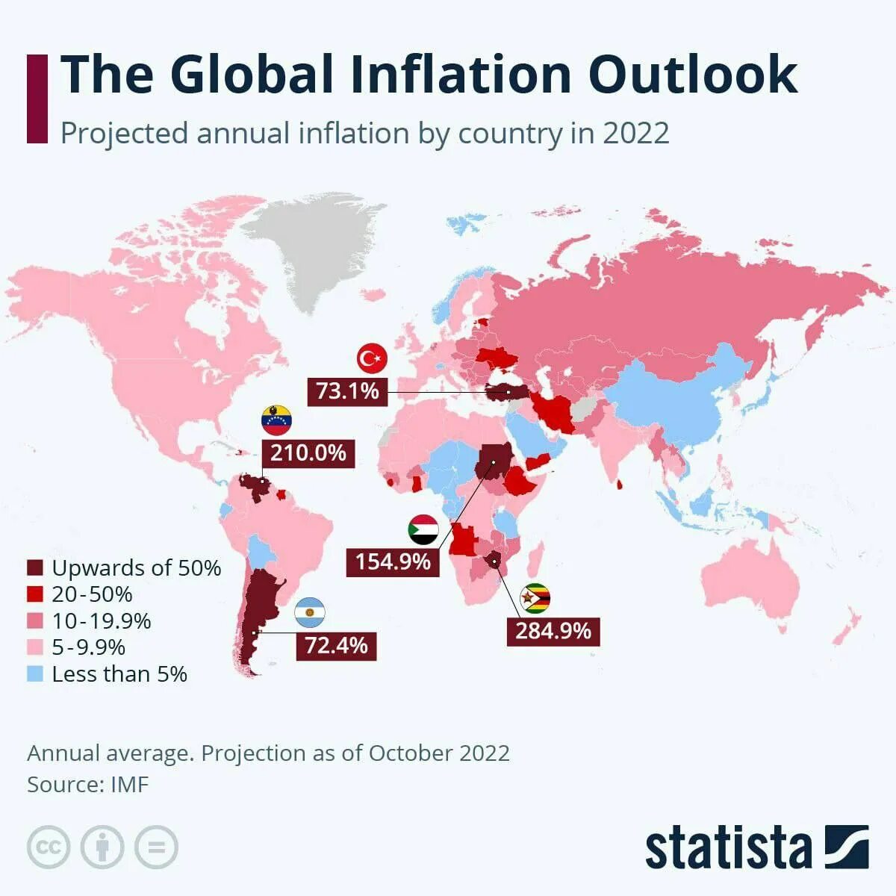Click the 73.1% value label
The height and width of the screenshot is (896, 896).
coord(348,391)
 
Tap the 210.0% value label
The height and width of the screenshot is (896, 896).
coord(308,452)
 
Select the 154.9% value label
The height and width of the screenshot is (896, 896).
coord(393,561)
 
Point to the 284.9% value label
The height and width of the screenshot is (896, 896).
coord(553,631)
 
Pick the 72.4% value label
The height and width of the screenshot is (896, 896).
coord(336,645)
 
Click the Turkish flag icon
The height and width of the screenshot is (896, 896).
coord(372,359)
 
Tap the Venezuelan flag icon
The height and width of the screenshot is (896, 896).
coord(276,421)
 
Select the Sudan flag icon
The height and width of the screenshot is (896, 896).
coord(423,529)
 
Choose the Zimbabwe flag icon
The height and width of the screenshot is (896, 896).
coord(535,599)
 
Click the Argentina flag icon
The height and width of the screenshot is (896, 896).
coord(309,613)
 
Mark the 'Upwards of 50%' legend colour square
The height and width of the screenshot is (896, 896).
coord(35,568)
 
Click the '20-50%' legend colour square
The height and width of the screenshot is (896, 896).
coord(35,595)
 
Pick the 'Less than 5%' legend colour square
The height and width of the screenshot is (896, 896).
coord(35,674)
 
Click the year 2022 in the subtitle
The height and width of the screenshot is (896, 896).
coord(635,134)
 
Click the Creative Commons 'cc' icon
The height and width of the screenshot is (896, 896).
coord(49,847)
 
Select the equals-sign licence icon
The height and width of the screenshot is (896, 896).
coord(157,847)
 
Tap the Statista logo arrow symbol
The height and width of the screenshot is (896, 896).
coord(847,847)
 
